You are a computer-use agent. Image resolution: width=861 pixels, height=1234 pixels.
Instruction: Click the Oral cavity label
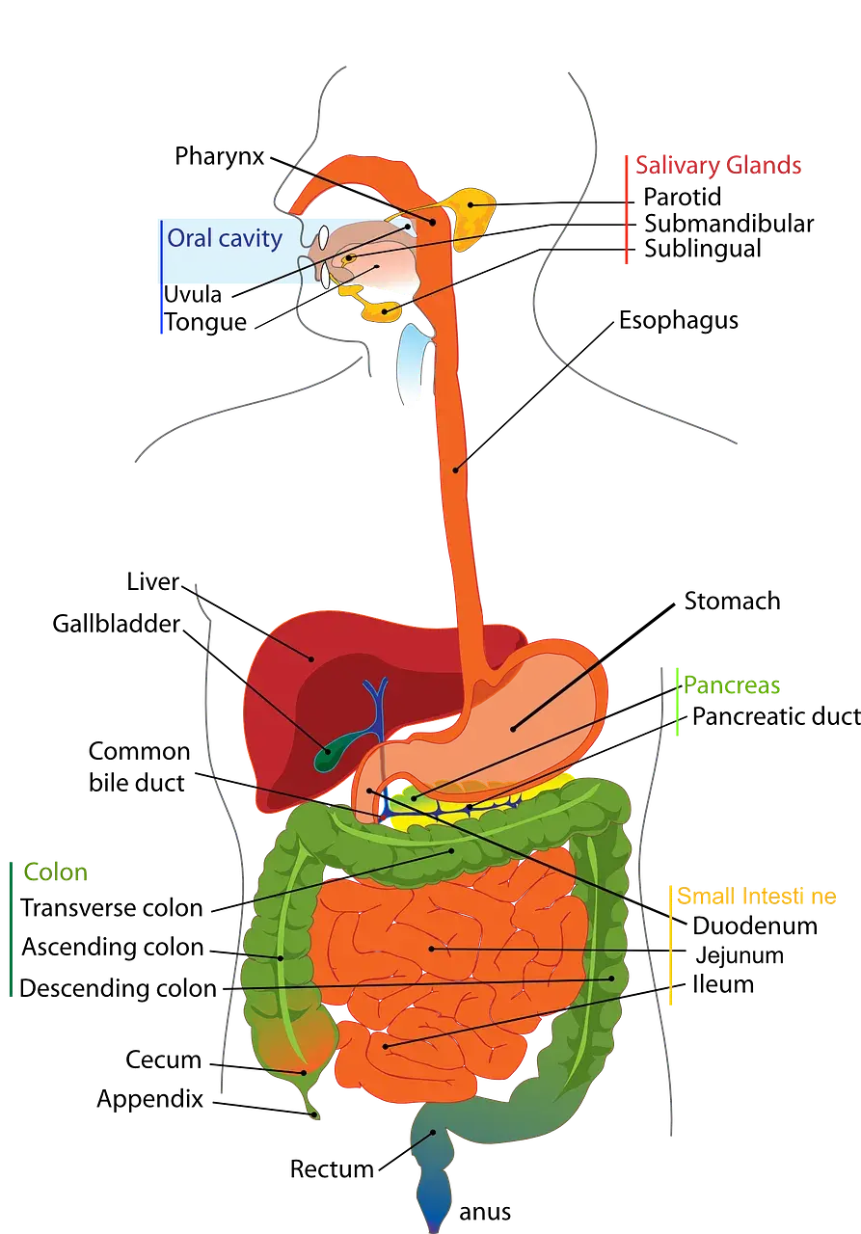224,238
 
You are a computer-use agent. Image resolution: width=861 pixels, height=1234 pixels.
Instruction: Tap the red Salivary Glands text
717,166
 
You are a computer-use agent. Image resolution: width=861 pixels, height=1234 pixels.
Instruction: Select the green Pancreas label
731,686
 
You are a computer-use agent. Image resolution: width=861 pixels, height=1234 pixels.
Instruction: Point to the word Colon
56,873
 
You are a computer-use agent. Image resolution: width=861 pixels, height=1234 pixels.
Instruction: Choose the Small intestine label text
756,897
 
